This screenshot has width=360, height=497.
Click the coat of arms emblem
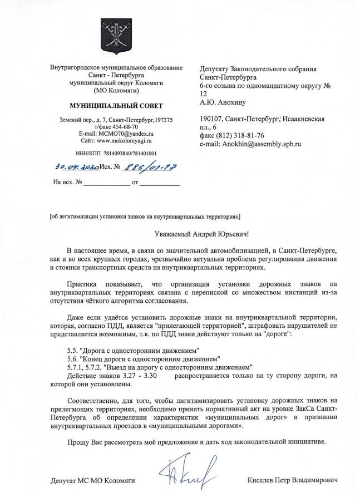tap(116, 37)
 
